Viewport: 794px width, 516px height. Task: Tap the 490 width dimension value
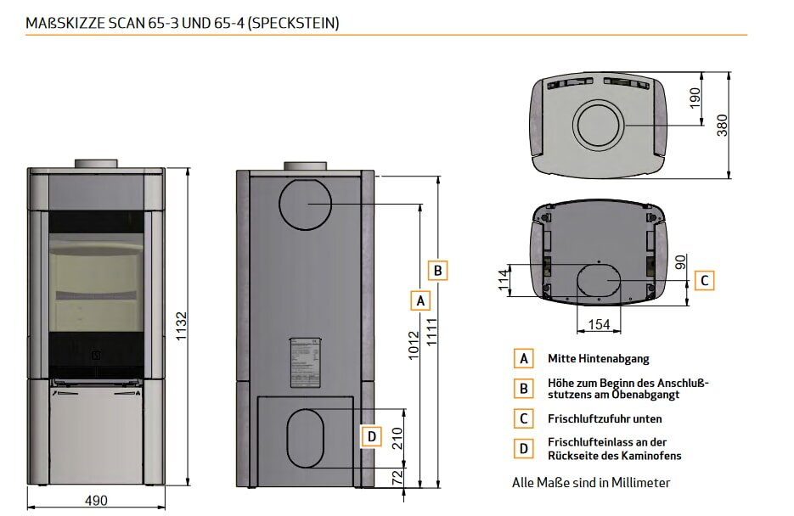tap(96, 500)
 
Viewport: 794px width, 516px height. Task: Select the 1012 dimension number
tap(414, 347)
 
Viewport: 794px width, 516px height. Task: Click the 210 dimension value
tap(396, 437)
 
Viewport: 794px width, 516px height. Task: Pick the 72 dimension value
tap(396, 478)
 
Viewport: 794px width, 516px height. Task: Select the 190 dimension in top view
tap(695, 99)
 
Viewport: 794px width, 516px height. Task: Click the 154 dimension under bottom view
tap(599, 323)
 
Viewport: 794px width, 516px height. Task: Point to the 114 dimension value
tap(503, 280)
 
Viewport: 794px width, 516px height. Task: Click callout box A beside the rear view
tap(420, 300)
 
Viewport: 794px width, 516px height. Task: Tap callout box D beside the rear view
tap(371, 437)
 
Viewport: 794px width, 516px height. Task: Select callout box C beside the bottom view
tap(704, 279)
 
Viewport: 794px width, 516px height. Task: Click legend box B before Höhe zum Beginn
tap(524, 388)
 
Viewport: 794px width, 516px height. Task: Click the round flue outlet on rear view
tap(304, 205)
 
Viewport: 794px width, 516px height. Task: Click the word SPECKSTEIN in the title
tap(295, 22)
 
